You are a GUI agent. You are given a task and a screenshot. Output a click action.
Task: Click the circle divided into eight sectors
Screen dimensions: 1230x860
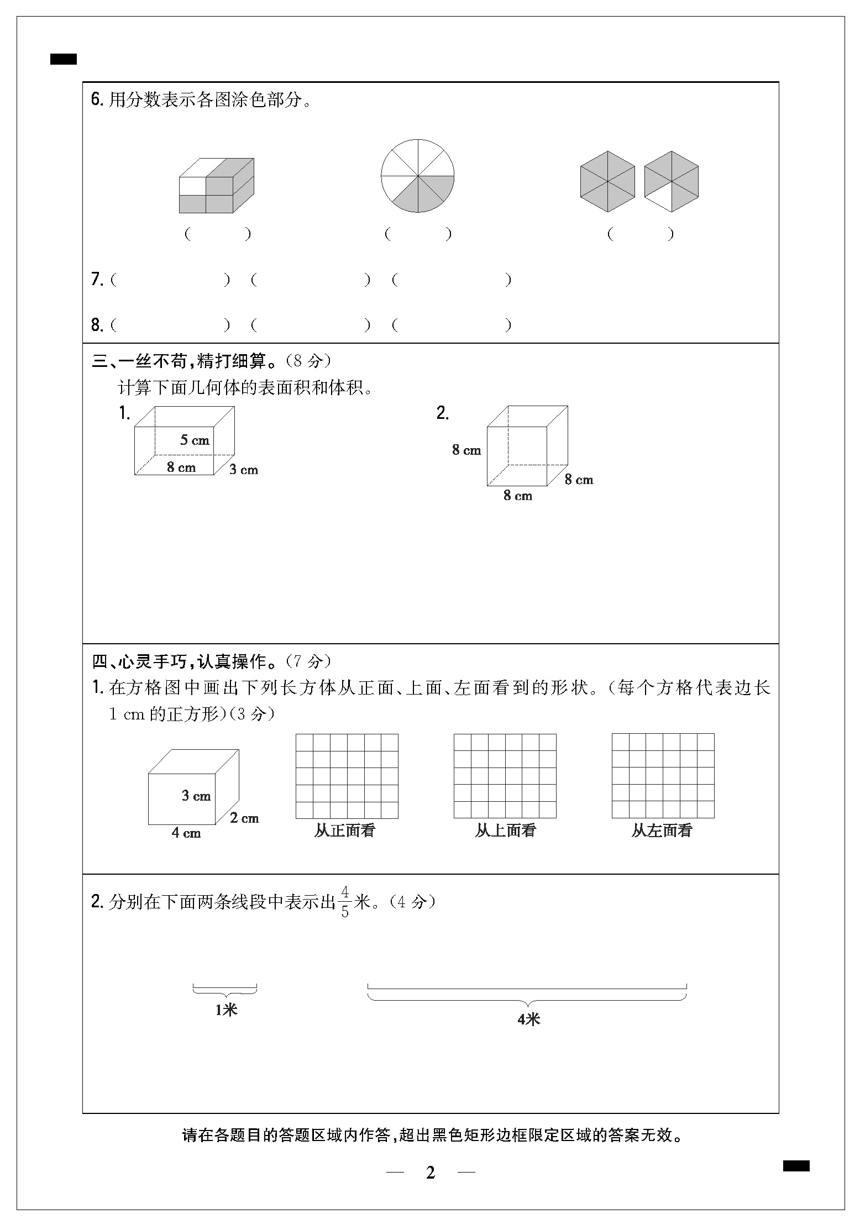pos(417,176)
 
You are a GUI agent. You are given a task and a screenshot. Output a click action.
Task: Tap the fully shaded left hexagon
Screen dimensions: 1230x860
pos(607,181)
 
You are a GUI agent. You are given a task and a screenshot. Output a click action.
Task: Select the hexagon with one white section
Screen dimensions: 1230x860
pos(671,181)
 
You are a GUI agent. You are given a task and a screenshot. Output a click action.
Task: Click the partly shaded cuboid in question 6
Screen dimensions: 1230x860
pos(217,186)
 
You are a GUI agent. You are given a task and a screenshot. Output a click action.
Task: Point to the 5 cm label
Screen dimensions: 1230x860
pos(195,440)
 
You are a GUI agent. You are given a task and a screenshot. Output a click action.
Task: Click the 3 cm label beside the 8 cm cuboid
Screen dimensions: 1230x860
pos(244,470)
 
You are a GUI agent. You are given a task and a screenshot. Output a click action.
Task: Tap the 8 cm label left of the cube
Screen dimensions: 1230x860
pos(466,450)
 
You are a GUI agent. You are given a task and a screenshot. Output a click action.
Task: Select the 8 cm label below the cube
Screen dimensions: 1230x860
pos(517,496)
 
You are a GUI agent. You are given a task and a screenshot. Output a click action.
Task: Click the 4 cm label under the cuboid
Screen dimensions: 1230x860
pos(186,833)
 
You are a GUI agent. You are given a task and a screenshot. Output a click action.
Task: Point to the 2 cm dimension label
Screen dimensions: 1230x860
pos(244,818)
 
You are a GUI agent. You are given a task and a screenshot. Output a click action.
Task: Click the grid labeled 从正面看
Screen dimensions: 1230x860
pos(347,776)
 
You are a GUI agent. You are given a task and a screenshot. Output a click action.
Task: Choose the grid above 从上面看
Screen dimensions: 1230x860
pos(505,776)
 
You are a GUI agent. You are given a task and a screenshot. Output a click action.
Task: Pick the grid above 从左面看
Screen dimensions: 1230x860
pos(663,776)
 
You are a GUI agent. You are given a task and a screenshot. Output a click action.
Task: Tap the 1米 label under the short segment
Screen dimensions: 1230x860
pos(226,1010)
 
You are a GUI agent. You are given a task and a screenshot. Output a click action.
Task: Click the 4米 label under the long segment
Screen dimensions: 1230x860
pos(528,1019)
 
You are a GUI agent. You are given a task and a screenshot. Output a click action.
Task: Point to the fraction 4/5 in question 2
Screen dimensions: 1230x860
pos(345,902)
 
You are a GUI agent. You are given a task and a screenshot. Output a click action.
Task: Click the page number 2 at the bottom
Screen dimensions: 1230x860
pos(431,1173)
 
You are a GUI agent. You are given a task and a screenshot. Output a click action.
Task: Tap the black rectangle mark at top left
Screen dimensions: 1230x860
pos(64,59)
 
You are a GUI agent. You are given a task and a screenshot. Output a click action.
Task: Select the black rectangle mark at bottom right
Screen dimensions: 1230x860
pos(796,1166)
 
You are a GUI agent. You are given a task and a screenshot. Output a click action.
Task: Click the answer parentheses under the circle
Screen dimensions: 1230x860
pos(418,234)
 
